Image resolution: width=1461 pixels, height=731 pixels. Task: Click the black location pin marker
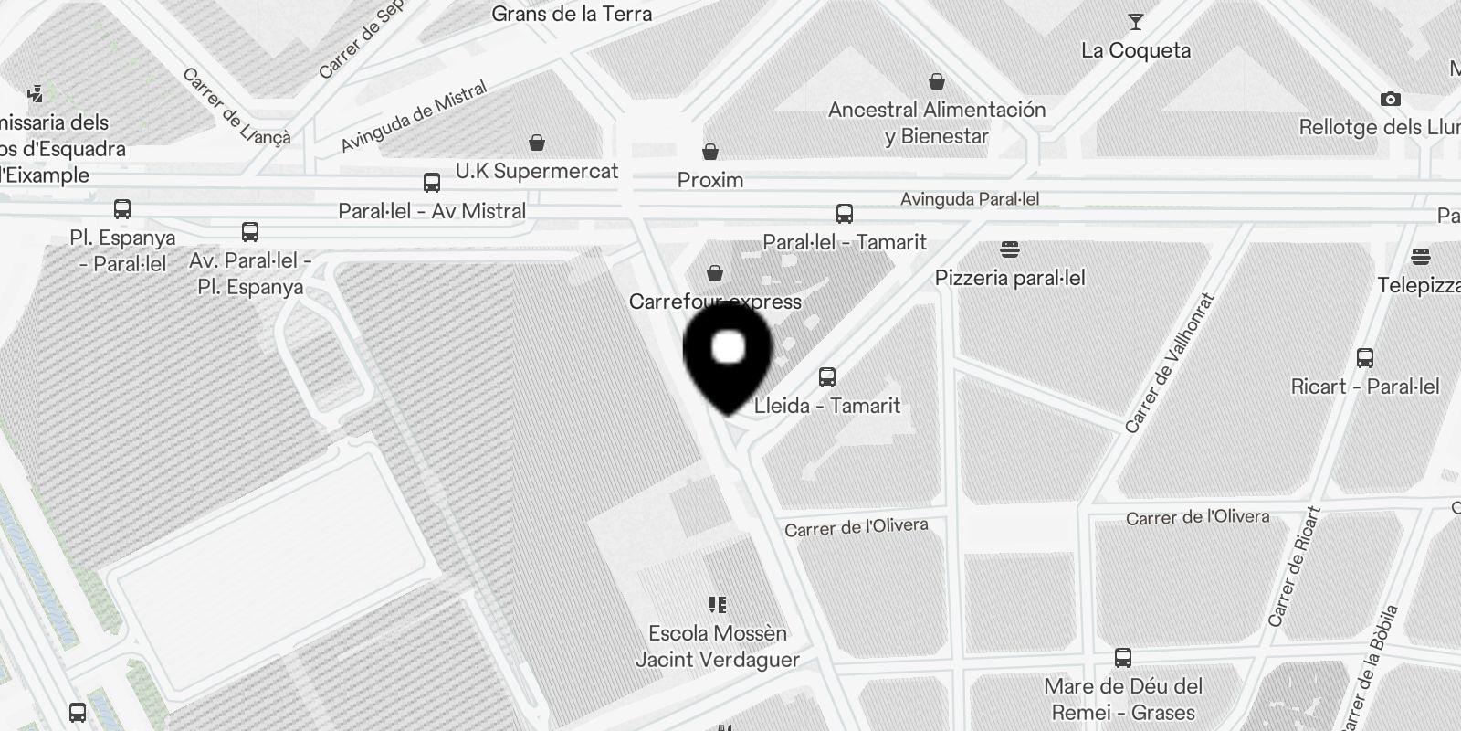728,356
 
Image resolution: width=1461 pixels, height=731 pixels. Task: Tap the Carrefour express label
715,302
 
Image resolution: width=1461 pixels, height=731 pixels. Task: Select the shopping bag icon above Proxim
710,152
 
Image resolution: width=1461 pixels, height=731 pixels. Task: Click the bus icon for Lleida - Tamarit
827,376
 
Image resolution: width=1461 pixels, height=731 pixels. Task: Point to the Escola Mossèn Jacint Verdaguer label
718,646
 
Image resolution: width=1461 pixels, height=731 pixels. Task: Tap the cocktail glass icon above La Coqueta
1136,22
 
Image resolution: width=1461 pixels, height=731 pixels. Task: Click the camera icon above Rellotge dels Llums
1390,99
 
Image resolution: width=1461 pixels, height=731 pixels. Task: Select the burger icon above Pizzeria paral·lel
1009,249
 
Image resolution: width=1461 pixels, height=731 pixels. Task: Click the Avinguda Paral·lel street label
970,199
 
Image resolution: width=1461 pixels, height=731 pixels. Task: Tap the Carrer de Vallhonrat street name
1170,363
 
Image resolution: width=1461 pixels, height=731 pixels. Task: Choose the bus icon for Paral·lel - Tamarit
845,214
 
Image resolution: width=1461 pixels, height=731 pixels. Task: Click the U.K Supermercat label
537,171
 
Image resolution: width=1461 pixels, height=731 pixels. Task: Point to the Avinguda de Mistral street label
414,117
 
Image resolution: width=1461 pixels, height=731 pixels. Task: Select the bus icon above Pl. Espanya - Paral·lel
122,209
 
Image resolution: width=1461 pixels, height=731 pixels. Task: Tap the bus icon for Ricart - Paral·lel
1365,357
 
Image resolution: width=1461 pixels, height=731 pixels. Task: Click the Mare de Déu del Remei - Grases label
1123,699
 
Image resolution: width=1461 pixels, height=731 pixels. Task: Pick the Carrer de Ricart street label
1296,567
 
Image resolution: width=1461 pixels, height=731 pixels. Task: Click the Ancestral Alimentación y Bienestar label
937,122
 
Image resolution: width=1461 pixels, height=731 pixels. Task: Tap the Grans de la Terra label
572,14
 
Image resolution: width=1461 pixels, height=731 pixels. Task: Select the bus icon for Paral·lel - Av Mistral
432,183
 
